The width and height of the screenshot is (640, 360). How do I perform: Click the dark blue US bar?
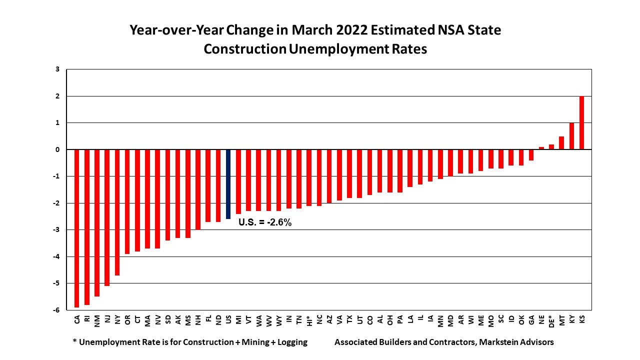pos(228,184)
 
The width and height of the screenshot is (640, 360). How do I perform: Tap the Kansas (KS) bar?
pos(582,122)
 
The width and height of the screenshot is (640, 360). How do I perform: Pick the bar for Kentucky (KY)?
pos(572,136)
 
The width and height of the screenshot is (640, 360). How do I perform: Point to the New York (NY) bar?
pos(117,212)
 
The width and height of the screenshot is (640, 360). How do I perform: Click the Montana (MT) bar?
pos(561,143)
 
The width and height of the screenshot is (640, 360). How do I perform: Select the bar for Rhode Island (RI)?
pos(87,227)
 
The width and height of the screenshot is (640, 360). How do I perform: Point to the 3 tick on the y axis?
pos(58,69)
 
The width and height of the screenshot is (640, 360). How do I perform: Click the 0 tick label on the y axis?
pos(58,149)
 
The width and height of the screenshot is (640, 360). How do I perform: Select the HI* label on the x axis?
pos(309,321)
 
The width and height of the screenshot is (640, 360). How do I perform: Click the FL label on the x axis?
pos(208,319)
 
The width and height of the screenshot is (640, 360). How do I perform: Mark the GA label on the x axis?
pos(531,319)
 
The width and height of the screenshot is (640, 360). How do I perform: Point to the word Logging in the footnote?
pos(290,342)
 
